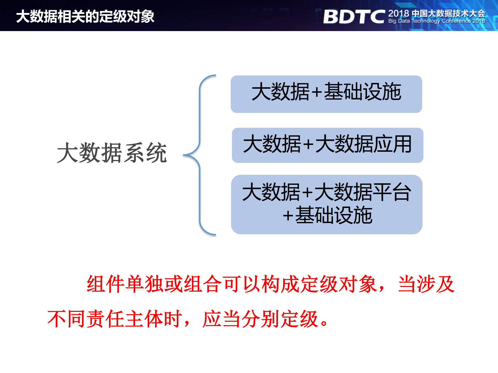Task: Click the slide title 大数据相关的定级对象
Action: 85,16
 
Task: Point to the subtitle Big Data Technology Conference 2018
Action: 436,21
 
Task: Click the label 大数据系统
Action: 112,153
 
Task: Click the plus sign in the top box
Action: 317,92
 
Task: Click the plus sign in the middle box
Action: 308,144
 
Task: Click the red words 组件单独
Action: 125,284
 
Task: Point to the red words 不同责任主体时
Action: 114,319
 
